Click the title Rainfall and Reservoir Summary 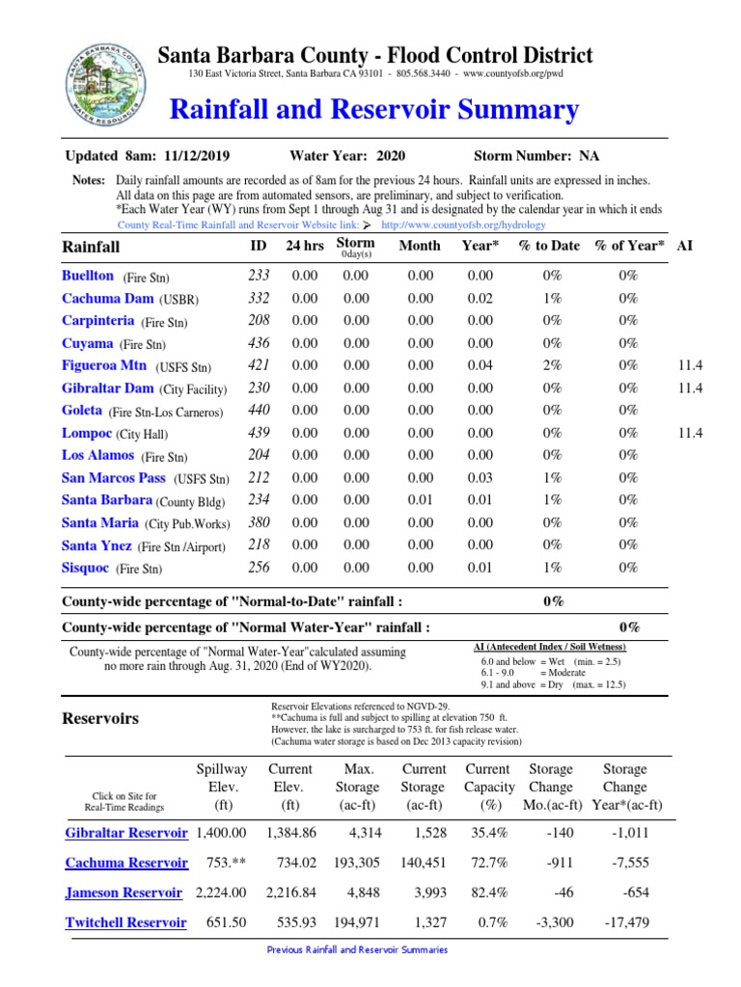pyautogui.click(x=373, y=109)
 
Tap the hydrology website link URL pyautogui.click(x=463, y=225)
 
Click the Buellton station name pyautogui.click(x=87, y=276)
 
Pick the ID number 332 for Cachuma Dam pyautogui.click(x=259, y=299)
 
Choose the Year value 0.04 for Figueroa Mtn pyautogui.click(x=479, y=365)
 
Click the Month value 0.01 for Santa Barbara pyautogui.click(x=420, y=500)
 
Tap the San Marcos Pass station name pyautogui.click(x=114, y=478)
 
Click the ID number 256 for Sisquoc pyautogui.click(x=259, y=568)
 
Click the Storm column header pyautogui.click(x=355, y=243)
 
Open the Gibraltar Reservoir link pyautogui.click(x=126, y=833)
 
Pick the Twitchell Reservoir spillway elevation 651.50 pyautogui.click(x=227, y=922)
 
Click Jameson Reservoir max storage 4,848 pyautogui.click(x=357, y=893)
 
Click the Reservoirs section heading pyautogui.click(x=100, y=718)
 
